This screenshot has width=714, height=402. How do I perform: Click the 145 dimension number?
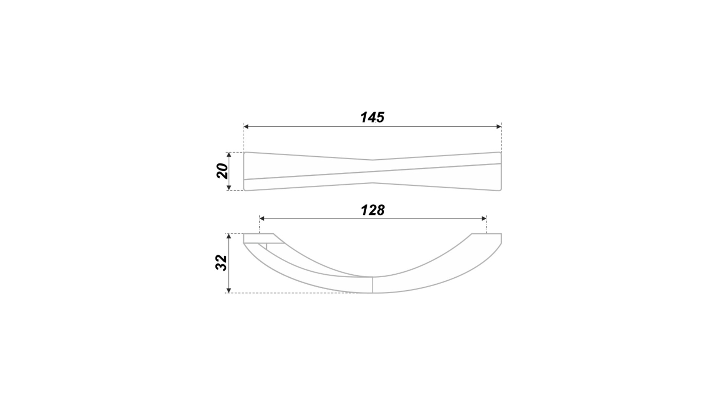click(x=372, y=117)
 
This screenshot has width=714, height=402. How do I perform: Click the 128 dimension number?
click(x=373, y=210)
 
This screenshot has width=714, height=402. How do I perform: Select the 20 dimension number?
click(x=222, y=171)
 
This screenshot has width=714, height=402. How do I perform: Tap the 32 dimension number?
click(x=222, y=263)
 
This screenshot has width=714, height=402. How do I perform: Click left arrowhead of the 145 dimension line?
click(x=246, y=127)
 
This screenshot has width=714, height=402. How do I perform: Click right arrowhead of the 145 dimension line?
click(x=499, y=127)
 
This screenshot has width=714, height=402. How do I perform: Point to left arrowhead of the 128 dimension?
click(x=262, y=218)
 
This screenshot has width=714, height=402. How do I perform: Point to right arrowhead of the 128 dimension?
click(x=484, y=218)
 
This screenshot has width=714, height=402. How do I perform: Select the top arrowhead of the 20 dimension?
click(x=229, y=155)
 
